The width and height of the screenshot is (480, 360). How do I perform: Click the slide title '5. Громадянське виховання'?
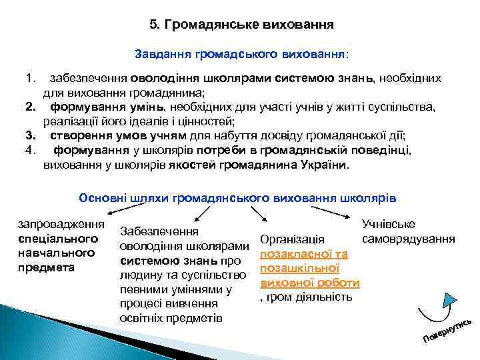(x=241, y=25)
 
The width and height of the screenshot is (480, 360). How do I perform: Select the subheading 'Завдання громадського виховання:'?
(x=241, y=52)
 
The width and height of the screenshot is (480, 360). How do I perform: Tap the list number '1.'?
(x=29, y=79)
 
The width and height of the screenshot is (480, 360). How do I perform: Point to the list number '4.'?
(x=29, y=149)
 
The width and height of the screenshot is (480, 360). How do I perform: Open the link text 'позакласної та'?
(x=303, y=254)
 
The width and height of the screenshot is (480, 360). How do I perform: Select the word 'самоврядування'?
(x=409, y=238)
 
